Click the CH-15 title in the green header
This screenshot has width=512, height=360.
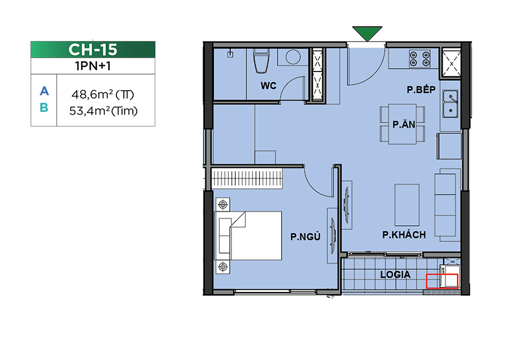[93, 50]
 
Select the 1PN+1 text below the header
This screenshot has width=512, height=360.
[93, 66]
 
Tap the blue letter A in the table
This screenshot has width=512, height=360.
[44, 91]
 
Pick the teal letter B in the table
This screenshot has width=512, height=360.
[44, 108]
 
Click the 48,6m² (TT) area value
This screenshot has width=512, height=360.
[103, 95]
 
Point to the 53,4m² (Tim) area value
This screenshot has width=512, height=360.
[103, 111]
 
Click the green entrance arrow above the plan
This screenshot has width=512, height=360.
[367, 33]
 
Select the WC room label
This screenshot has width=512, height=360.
[268, 85]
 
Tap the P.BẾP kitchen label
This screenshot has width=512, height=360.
[421, 89]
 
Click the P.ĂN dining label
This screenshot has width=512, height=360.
[404, 124]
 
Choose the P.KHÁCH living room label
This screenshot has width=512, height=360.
[404, 235]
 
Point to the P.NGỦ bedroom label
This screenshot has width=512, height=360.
[305, 236]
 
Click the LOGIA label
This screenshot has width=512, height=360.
[395, 275]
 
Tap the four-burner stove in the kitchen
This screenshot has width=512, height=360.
[420, 59]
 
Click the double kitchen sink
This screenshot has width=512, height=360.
[450, 104]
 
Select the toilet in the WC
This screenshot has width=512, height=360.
[261, 61]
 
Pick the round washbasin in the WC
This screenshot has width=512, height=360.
[293, 57]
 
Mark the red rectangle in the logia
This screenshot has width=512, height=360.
[442, 281]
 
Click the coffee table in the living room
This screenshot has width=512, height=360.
[407, 205]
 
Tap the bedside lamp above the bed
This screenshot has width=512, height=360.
[223, 204]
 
